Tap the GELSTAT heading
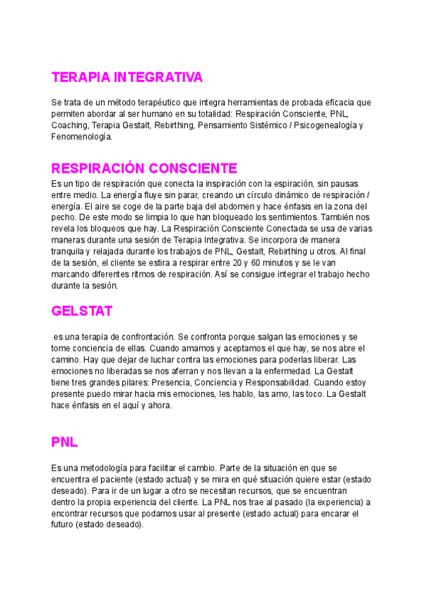[x=82, y=311]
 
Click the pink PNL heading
[x=64, y=442]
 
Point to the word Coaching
[x=69, y=125]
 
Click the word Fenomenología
[x=82, y=137]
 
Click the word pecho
[x=64, y=217]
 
